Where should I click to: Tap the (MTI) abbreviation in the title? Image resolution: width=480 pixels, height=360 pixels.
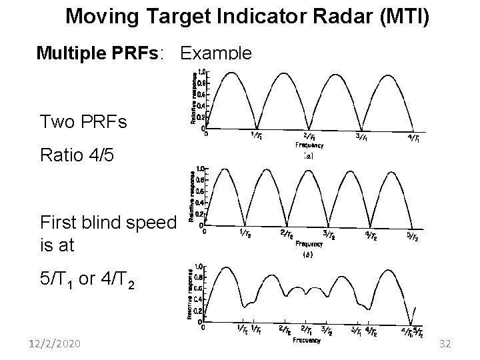point(406,14)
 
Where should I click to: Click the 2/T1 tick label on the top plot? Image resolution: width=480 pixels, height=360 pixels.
point(309,137)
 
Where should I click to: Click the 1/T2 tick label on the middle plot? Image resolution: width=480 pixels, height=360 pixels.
point(245,233)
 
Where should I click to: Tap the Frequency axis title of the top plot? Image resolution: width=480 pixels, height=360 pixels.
point(309,145)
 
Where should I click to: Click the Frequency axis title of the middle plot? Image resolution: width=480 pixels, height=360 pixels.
point(308,243)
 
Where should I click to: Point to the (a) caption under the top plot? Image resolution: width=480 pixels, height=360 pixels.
point(307,155)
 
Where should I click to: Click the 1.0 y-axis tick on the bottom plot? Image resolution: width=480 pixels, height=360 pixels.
point(199,265)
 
